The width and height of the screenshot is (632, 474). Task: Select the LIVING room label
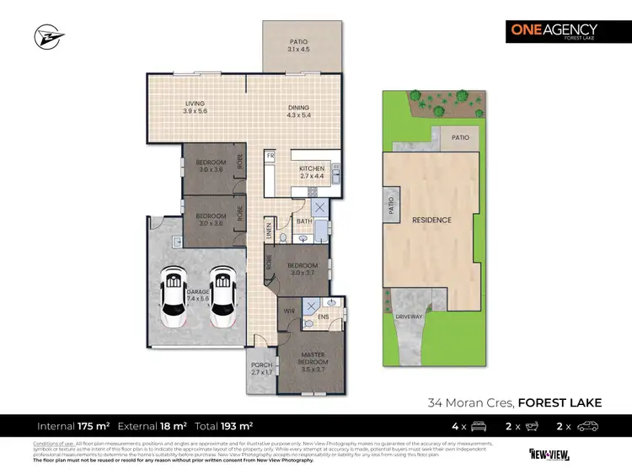[195, 107]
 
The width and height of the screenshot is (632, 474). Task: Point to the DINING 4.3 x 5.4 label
[297, 110]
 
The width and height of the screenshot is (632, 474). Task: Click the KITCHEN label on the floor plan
[312, 172]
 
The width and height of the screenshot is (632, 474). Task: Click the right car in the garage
[224, 297]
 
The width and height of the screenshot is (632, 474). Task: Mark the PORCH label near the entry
[262, 368]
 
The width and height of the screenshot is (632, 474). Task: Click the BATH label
[304, 221]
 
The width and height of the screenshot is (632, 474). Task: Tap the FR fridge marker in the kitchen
[270, 156]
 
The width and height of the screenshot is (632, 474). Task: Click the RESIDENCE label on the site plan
[431, 220]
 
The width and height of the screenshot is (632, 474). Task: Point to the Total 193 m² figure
[225, 426]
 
